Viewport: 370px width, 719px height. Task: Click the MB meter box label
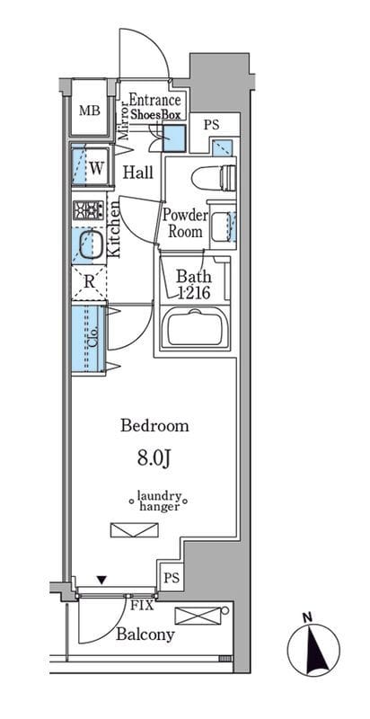pos(90,111)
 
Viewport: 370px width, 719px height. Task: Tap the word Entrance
pos(154,100)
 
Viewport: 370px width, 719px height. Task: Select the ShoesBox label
pos(156,115)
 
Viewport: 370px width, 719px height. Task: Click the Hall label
pos(138,173)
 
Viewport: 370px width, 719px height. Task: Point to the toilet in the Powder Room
pos(214,177)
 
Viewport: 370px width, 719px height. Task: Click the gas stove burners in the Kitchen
pos(88,210)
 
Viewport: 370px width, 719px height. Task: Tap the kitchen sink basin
pos(89,245)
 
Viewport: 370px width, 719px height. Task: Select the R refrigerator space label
pos(89,282)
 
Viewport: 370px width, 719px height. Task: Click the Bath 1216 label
pos(194,285)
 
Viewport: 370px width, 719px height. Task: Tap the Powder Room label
pos(186,223)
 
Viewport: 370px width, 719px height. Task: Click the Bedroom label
pos(154,426)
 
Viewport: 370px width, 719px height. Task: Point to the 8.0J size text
pos(154,459)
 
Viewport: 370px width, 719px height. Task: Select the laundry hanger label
pos(159,501)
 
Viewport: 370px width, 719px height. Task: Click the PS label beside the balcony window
pos(172,577)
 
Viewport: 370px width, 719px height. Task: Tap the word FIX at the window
pos(143,605)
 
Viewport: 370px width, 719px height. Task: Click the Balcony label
pos(145,635)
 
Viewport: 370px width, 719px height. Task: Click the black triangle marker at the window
pos(101,581)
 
